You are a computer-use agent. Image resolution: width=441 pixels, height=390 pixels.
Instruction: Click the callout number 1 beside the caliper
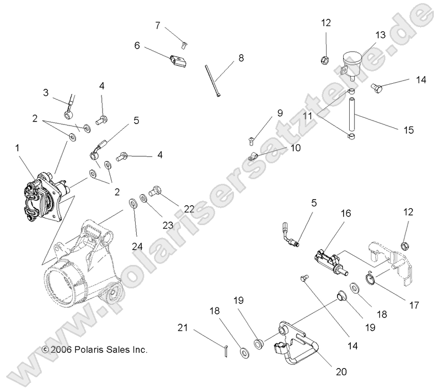[18, 148]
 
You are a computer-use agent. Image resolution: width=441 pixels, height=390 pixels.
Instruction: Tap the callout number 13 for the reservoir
[380, 35]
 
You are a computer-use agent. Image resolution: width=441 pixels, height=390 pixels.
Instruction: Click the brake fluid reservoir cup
[351, 60]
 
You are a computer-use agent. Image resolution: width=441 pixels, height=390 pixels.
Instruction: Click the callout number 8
[241, 59]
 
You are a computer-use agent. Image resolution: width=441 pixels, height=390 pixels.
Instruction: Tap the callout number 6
[137, 45]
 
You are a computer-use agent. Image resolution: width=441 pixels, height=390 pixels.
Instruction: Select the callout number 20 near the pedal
[341, 372]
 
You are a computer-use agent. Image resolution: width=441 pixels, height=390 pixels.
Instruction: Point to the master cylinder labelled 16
[328, 260]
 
